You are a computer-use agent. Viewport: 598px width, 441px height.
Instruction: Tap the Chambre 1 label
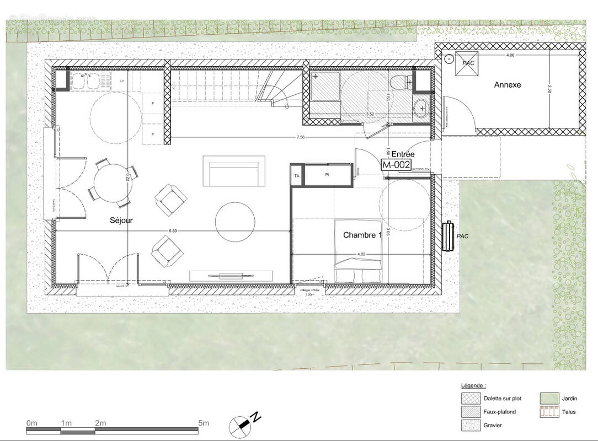(x=362, y=235)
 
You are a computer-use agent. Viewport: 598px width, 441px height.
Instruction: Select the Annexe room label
(x=507, y=85)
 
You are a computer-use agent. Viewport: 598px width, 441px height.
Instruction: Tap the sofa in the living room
(x=234, y=172)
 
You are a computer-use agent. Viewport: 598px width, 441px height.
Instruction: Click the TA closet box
(x=297, y=176)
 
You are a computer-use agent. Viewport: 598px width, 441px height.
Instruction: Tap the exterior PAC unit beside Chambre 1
(x=448, y=235)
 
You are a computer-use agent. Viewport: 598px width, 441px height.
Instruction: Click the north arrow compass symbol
(x=243, y=423)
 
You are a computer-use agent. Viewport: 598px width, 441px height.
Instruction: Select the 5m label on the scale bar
(x=204, y=423)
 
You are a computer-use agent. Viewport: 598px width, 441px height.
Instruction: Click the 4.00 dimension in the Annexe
(x=510, y=55)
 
